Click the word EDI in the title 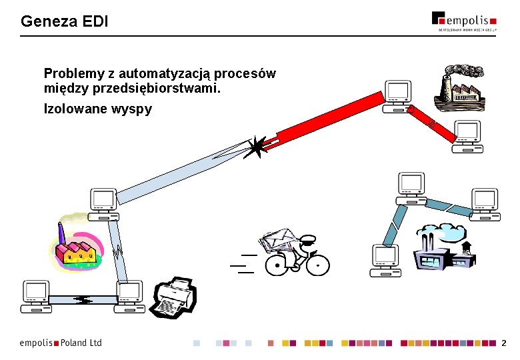tap(95, 21)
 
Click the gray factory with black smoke tap(459, 85)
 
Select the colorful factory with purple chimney tap(75, 247)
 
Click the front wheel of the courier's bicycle tap(318, 265)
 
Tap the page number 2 tap(504, 343)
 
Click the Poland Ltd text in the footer tap(81, 343)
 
